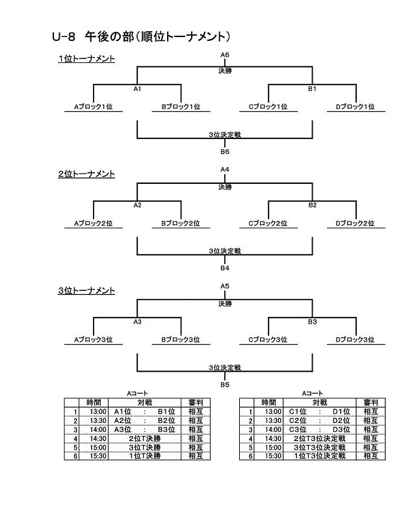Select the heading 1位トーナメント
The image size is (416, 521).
[x=86, y=59]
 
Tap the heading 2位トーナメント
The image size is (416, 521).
[x=86, y=174]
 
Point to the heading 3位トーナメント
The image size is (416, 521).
[x=86, y=290]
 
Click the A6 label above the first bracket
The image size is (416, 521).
[x=225, y=55]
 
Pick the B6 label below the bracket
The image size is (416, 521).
[x=225, y=152]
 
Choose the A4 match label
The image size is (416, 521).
[x=225, y=170]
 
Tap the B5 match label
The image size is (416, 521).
[x=225, y=385]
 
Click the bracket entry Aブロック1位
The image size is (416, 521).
[x=94, y=107]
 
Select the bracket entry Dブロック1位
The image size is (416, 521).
[x=355, y=107]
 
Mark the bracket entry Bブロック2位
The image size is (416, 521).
[x=181, y=223]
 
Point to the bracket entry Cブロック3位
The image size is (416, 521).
[x=268, y=339]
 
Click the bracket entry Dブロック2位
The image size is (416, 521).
[x=355, y=223]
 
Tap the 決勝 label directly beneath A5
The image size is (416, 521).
[x=225, y=303]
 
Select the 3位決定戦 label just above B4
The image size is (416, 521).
[x=225, y=251]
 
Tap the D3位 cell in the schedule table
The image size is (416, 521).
[x=341, y=429]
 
